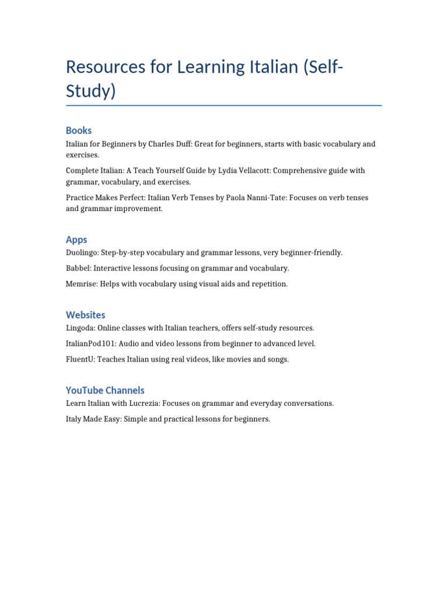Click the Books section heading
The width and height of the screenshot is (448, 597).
point(79,131)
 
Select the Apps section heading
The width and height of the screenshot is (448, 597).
point(76,240)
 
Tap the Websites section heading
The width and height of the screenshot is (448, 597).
point(86,315)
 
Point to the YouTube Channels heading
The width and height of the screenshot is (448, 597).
point(105,390)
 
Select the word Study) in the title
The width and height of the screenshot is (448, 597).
point(91,92)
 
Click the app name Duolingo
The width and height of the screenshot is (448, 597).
point(82,253)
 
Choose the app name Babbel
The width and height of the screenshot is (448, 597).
point(78,268)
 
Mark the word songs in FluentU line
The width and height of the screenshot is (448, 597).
point(276,360)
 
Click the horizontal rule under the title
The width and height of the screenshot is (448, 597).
point(224,106)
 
